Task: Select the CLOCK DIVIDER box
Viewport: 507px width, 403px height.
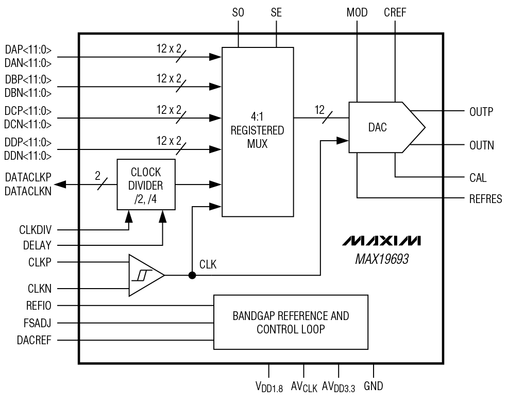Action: click(146, 184)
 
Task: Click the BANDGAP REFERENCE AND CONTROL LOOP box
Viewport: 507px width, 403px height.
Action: click(291, 322)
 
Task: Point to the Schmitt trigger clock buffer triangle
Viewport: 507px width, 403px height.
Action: click(145, 275)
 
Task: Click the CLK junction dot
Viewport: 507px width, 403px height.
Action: click(192, 275)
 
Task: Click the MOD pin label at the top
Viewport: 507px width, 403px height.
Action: click(357, 13)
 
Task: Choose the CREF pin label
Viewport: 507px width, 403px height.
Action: click(395, 13)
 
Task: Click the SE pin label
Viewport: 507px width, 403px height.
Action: click(276, 13)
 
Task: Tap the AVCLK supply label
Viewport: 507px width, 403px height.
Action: click(304, 387)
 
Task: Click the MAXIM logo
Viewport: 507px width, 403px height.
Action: click(381, 241)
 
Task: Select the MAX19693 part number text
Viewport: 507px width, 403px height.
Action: click(382, 258)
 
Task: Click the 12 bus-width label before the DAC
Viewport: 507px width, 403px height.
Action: click(320, 109)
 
